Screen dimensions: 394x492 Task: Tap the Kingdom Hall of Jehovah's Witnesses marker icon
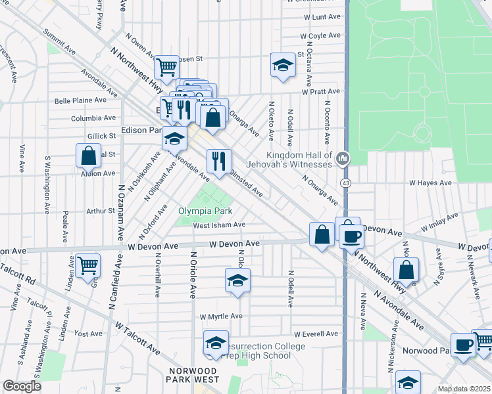tap(342, 158)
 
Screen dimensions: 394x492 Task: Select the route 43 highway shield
tap(345, 181)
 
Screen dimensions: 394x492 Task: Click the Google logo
tap(22, 386)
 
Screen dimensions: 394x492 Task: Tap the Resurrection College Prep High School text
tap(257, 351)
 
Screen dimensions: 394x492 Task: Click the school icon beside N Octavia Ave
tap(282, 65)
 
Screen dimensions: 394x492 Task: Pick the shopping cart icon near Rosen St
tap(167, 66)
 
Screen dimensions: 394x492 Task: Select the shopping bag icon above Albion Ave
tap(88, 156)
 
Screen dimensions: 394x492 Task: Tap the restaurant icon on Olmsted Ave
tap(218, 160)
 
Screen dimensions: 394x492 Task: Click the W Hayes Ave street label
tap(431, 183)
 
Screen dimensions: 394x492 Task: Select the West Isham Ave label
tap(219, 225)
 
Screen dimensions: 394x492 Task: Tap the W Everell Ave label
tap(316, 334)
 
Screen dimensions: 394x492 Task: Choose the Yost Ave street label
tap(89, 334)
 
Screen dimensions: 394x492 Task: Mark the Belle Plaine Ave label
tap(80, 100)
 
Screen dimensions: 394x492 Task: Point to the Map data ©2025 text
tap(464, 389)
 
